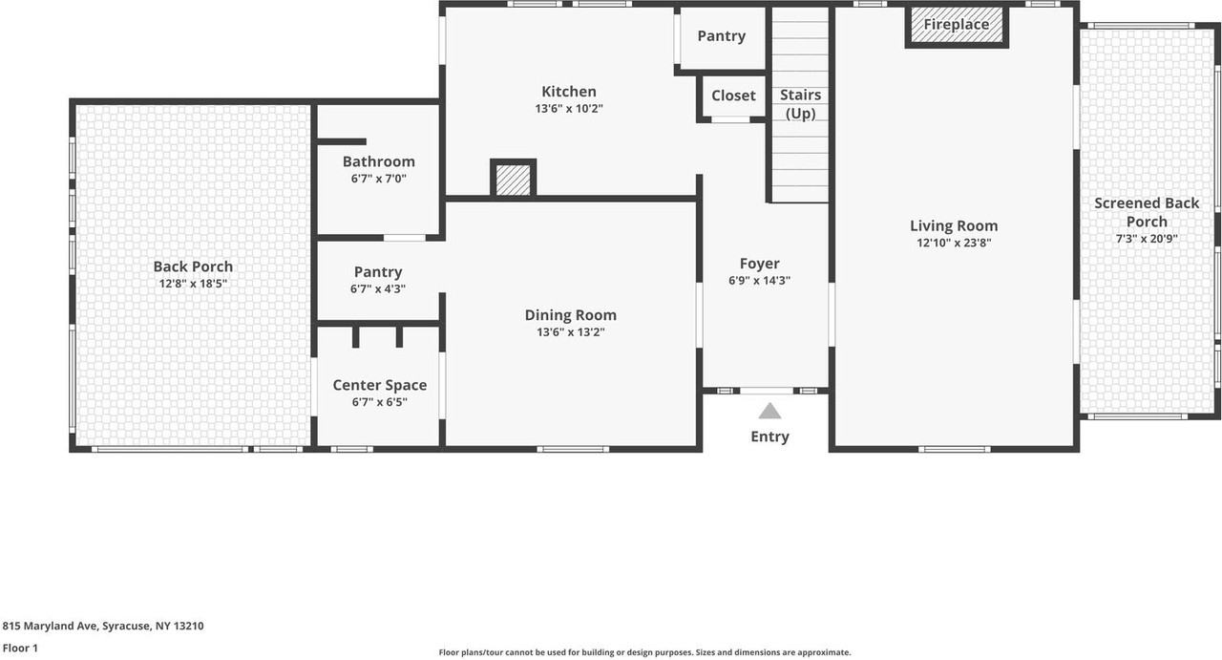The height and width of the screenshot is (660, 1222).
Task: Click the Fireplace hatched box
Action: [957, 26]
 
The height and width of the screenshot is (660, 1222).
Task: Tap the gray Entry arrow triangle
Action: [769, 411]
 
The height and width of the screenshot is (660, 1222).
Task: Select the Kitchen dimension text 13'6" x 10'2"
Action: [568, 109]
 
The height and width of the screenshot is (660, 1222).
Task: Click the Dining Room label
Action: [571, 315]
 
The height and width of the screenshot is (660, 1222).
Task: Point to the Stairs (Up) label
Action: [800, 104]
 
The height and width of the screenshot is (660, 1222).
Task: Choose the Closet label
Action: [733, 96]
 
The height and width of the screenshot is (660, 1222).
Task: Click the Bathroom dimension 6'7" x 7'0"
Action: [379, 179]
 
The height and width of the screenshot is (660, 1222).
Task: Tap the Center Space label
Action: [380, 386]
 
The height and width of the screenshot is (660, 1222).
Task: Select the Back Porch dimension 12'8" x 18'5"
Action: [193, 284]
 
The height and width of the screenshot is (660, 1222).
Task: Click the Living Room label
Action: [954, 226]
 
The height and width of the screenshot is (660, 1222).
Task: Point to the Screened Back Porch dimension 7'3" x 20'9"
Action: [1147, 239]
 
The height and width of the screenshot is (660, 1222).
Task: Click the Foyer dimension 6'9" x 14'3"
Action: [759, 281]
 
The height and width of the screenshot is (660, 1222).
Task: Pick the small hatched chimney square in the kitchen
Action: [513, 178]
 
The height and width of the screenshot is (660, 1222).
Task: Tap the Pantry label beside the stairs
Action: [721, 36]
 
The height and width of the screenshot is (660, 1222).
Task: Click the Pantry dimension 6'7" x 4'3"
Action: [377, 288]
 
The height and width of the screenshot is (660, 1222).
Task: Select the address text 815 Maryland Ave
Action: [51, 626]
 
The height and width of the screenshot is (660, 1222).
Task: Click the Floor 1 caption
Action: [20, 648]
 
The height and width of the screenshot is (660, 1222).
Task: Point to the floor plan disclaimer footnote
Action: [644, 652]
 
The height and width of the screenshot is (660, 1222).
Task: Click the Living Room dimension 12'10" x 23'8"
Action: [954, 243]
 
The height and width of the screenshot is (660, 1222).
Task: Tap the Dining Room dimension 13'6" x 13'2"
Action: [571, 332]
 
